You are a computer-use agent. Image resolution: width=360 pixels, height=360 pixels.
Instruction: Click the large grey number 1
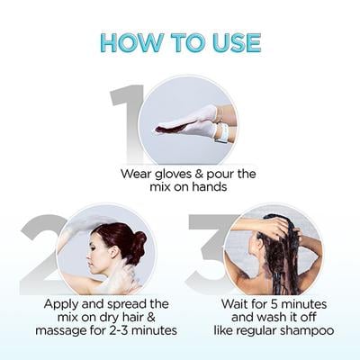127,121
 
